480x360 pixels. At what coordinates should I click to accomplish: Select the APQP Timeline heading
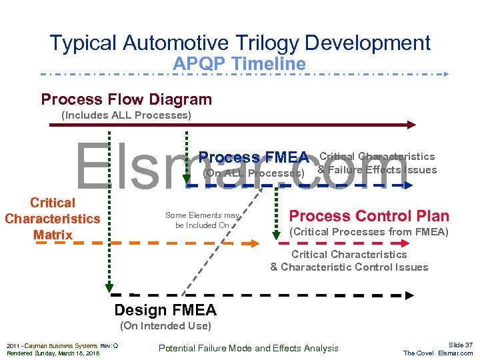(x=239, y=64)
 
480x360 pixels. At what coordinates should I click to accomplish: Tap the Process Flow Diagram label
(x=126, y=100)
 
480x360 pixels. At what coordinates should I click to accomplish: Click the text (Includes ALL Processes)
(x=126, y=115)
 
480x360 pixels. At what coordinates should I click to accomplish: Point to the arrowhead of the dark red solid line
(x=411, y=124)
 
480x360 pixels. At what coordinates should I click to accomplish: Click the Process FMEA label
(x=253, y=158)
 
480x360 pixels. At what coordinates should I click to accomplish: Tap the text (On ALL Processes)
(x=253, y=173)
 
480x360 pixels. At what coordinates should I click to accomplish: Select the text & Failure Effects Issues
(x=377, y=170)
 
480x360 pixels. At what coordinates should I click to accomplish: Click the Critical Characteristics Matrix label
(x=52, y=219)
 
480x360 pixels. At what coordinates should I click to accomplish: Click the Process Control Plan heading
(x=369, y=216)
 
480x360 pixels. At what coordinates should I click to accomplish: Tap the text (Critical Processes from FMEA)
(x=369, y=232)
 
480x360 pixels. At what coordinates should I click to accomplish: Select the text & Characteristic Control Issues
(x=349, y=267)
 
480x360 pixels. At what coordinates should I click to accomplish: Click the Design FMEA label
(x=165, y=310)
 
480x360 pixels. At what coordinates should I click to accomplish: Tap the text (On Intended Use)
(x=165, y=326)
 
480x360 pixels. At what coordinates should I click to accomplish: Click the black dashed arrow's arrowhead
(x=409, y=295)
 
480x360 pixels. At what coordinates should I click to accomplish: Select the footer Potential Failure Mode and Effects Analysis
(x=248, y=348)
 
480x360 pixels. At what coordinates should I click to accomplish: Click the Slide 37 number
(x=460, y=345)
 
